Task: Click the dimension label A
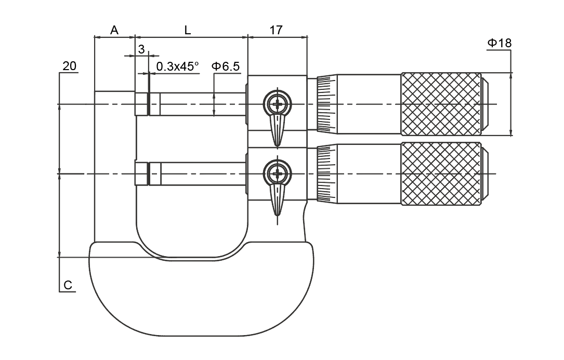coord(114,30)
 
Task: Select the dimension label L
coord(188,30)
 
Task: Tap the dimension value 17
coord(276,30)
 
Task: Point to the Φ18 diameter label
coord(499,43)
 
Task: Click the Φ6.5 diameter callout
coord(225,66)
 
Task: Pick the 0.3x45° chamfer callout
coord(177,66)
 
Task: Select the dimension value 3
coord(141,49)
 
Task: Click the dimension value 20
coord(69,66)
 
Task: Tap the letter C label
coord(68,285)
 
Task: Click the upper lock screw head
coord(279,103)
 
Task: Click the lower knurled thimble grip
coord(441,173)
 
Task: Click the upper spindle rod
coord(203,104)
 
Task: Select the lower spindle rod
coord(203,173)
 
